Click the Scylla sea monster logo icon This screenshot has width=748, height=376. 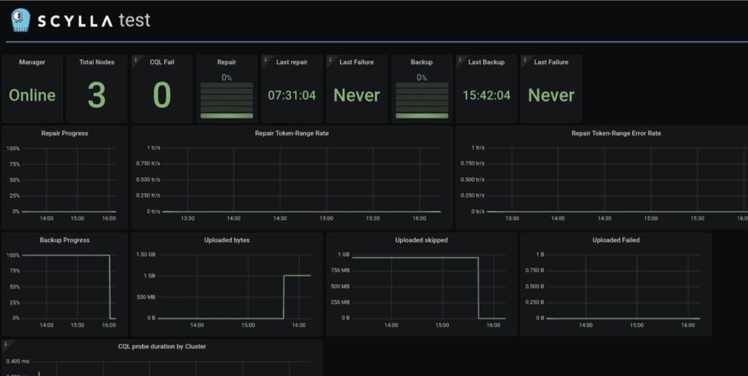click(20, 20)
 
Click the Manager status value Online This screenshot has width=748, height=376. click(32, 95)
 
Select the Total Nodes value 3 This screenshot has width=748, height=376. click(97, 95)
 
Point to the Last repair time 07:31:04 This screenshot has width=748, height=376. click(292, 95)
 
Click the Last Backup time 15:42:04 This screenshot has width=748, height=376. click(486, 95)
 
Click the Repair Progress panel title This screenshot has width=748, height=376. click(65, 133)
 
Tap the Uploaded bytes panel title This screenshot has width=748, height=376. click(226, 240)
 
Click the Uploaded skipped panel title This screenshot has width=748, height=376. click(422, 240)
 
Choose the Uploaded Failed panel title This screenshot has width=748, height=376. click(616, 240)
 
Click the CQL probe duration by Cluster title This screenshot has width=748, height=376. click(162, 347)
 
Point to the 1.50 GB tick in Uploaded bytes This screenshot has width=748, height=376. click(147, 254)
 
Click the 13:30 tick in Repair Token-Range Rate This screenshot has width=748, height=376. click(187, 218)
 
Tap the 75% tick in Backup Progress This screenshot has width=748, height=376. click(13, 270)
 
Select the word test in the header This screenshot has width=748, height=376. click(133, 20)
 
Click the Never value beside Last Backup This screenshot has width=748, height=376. click(551, 95)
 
